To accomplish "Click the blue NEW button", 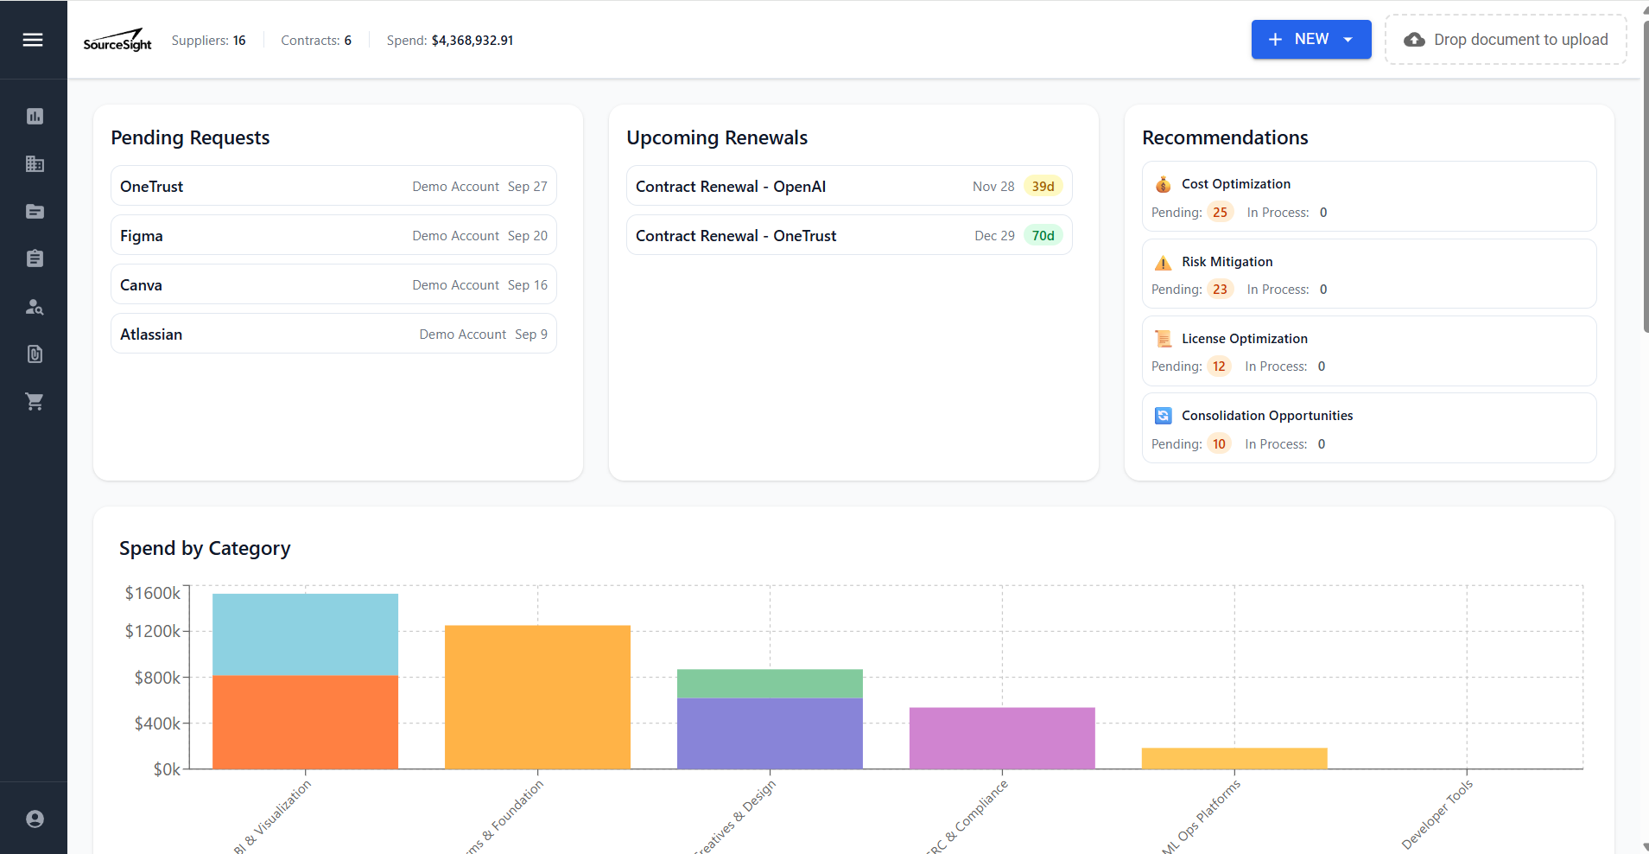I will click(x=1310, y=40).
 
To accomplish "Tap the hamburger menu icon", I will click(x=33, y=40).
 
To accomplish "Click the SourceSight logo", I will click(x=117, y=41).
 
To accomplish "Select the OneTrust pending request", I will click(x=333, y=187).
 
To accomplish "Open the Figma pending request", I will click(x=333, y=236).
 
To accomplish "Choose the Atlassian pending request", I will click(x=333, y=335).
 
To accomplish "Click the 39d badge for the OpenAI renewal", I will click(x=1043, y=187).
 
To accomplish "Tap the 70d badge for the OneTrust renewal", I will click(x=1043, y=236).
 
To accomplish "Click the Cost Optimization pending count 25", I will click(x=1220, y=213).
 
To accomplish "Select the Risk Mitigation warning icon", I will click(x=1164, y=263).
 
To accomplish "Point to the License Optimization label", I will click(x=1244, y=339).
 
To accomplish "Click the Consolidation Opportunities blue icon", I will click(x=1164, y=416).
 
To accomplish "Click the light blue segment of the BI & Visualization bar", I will click(x=305, y=634).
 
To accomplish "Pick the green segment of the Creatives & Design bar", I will click(x=770, y=683).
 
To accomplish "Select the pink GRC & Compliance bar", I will click(x=1002, y=737).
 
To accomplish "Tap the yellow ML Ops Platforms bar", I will click(x=1234, y=758).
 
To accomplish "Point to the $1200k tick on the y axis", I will click(x=153, y=631).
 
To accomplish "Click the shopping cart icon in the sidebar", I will click(x=35, y=401).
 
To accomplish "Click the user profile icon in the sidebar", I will click(x=35, y=819).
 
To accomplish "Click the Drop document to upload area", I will click(x=1506, y=40).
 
